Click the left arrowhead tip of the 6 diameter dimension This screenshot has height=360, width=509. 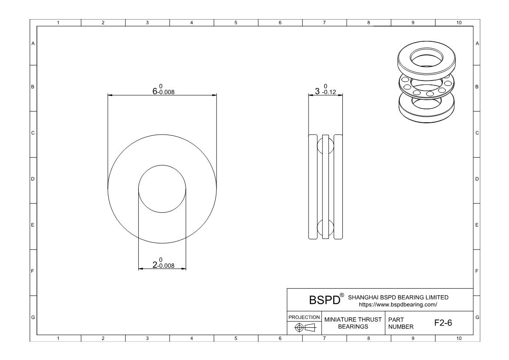(108, 95)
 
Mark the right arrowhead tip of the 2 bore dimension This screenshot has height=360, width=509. (186, 269)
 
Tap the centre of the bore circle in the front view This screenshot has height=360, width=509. (162, 189)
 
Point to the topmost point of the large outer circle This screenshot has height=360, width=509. (162, 135)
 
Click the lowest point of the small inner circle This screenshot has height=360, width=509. (162, 212)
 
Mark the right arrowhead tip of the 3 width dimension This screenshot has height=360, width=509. (343, 95)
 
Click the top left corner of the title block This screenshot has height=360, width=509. (287, 288)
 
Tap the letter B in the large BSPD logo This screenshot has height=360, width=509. (313, 300)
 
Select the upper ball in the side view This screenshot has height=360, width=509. (325, 145)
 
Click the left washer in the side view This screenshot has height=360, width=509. (313, 187)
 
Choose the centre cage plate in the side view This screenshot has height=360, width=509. (325, 187)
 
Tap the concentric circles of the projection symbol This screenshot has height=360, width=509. (299, 327)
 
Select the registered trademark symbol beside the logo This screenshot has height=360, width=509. (342, 295)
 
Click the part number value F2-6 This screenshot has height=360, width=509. (443, 323)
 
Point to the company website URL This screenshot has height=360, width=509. (398, 305)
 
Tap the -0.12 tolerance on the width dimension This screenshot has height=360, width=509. (329, 92)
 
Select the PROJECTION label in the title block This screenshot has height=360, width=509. (304, 317)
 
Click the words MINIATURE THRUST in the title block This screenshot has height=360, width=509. (353, 320)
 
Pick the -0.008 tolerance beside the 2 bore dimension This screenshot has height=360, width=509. (166, 266)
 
